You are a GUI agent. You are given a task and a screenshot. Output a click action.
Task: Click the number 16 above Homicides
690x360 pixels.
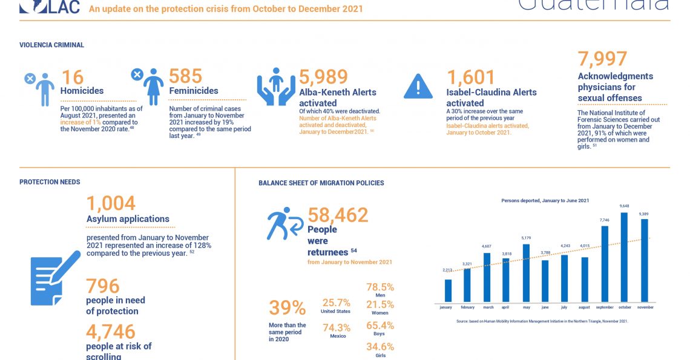[x=72, y=77]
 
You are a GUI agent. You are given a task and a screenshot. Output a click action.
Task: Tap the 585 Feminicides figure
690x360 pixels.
[x=185, y=76]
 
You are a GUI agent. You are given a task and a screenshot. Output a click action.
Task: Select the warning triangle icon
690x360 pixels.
[x=418, y=86]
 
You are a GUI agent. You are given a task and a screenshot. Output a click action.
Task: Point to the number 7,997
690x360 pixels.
[x=602, y=59]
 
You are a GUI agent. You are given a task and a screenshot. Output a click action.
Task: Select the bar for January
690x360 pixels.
[x=448, y=290]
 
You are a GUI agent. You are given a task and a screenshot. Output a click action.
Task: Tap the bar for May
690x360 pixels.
[x=526, y=272]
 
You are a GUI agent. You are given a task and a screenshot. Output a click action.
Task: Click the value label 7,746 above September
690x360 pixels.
[x=605, y=220]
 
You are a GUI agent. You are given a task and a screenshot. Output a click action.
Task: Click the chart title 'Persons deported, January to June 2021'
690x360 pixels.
[x=545, y=200]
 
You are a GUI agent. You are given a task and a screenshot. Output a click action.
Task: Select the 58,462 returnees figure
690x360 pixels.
[x=338, y=215]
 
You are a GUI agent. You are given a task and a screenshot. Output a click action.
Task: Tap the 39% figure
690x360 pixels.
[x=287, y=308]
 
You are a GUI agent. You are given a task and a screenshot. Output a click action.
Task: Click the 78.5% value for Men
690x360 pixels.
[x=380, y=287]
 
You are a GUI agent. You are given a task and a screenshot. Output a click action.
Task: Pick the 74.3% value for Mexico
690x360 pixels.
[x=338, y=327]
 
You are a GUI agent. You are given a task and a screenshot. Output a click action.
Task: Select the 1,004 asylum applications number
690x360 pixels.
[x=111, y=203]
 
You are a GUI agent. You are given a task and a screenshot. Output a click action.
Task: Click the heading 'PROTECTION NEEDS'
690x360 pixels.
[x=50, y=182]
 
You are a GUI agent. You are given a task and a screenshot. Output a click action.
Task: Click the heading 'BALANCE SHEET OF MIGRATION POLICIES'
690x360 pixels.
[x=321, y=183]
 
